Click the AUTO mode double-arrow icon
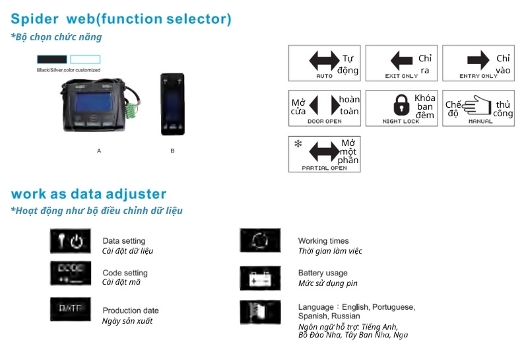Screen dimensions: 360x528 pos(323,61)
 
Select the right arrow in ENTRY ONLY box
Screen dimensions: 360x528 pos(478,61)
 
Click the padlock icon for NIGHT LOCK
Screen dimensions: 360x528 pos(401,105)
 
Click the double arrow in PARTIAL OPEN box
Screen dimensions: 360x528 pos(323,152)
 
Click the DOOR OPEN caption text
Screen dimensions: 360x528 pos(325,122)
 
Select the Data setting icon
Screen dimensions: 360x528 pos(70,241)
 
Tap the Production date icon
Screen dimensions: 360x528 pos(70,308)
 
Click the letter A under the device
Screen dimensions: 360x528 pos(99,151)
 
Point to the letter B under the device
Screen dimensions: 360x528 pos(172,151)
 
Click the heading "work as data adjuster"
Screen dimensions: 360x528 pos(88,194)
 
